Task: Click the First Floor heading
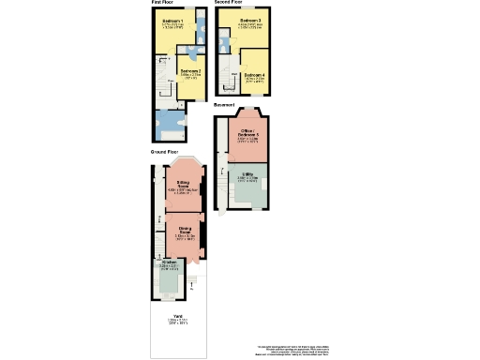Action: [x=163, y=3]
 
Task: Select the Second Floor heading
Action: [x=229, y=3]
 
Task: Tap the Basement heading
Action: [x=224, y=105]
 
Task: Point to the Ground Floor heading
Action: [x=165, y=151]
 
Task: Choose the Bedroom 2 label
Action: [x=190, y=71]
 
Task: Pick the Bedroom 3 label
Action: [x=250, y=20]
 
